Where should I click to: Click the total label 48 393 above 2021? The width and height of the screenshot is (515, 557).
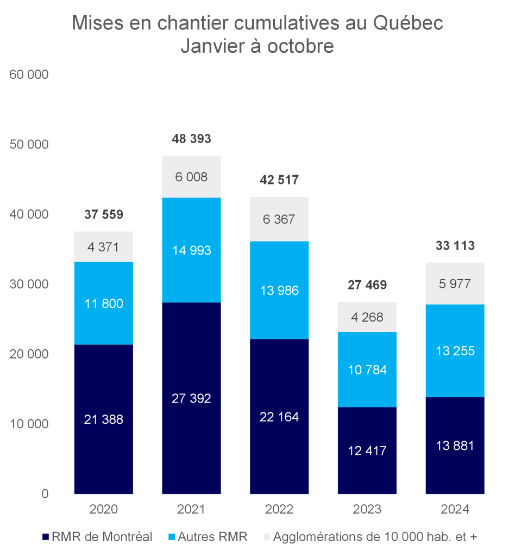tap(191, 140)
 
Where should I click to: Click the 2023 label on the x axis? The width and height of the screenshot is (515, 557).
tap(367, 510)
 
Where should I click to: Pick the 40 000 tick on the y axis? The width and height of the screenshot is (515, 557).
tap(29, 214)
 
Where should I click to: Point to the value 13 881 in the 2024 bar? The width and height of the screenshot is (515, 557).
tap(455, 445)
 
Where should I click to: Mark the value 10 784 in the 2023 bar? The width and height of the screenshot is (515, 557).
tap(367, 370)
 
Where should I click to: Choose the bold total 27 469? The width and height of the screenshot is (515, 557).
tap(367, 285)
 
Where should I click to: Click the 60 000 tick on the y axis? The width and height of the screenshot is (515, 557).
tap(29, 75)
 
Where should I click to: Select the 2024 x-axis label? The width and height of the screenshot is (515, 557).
tap(455, 510)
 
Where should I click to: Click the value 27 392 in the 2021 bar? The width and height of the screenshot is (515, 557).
tap(191, 398)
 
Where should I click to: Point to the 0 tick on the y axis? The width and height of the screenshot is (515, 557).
tap(45, 494)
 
